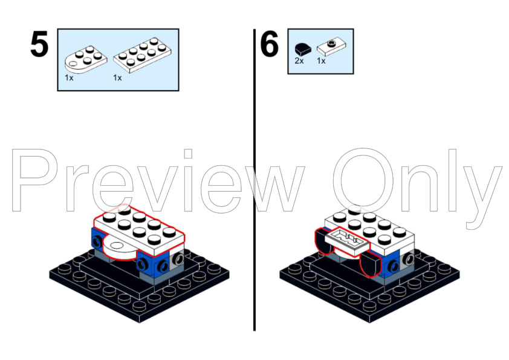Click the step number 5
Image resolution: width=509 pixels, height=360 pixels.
coord(39,44)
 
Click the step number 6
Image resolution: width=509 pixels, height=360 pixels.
coord(269,44)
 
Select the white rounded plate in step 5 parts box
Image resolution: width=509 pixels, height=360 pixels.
coord(86,59)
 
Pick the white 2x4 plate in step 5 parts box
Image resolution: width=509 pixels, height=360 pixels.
coord(143,55)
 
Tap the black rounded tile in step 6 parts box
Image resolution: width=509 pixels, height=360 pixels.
coord(302,49)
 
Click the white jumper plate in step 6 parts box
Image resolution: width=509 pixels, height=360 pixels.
coord(331,47)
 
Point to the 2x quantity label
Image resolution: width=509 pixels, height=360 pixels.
coord(299,61)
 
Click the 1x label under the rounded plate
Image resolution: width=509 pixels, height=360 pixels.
coord(69,77)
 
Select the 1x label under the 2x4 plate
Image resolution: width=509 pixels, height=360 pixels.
coord(117,77)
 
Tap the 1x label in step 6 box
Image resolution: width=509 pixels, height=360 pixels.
coord(321,61)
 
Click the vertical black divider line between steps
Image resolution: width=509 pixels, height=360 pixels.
coord(254,180)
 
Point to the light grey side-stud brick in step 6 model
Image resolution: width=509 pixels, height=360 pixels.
coord(407,259)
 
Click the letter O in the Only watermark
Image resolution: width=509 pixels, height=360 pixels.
coord(363,180)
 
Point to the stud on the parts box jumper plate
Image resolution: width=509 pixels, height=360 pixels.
coord(331,43)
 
